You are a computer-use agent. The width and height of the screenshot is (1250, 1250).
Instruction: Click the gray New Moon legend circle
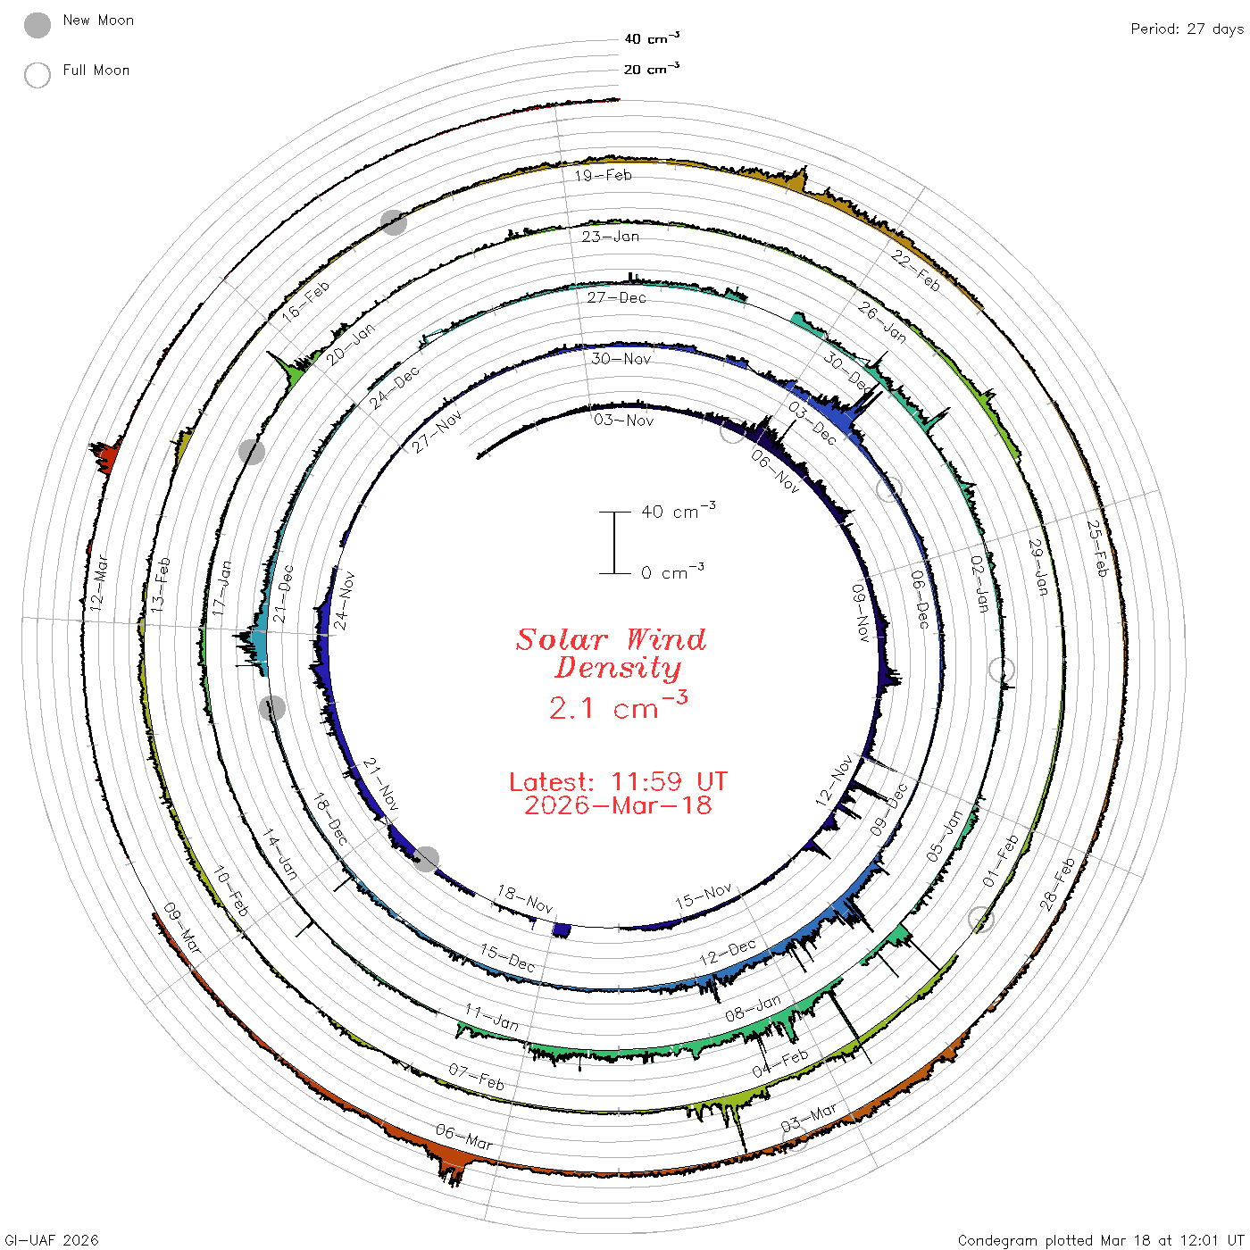[37, 25]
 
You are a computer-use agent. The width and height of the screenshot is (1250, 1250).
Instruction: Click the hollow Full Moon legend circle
[37, 75]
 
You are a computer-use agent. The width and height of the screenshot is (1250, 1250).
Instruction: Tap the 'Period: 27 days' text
[1187, 29]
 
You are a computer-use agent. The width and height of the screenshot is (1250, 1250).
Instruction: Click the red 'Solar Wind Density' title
[611, 654]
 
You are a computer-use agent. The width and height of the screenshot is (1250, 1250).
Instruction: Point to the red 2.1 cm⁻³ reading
[618, 706]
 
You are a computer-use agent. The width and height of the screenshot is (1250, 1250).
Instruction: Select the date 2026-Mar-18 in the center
[618, 805]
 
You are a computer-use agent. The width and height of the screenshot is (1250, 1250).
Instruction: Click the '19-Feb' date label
[604, 175]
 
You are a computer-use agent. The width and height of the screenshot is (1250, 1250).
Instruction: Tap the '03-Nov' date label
[623, 421]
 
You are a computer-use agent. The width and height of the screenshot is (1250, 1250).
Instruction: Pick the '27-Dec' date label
[616, 297]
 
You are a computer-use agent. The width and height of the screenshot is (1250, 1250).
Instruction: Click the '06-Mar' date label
[463, 1137]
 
